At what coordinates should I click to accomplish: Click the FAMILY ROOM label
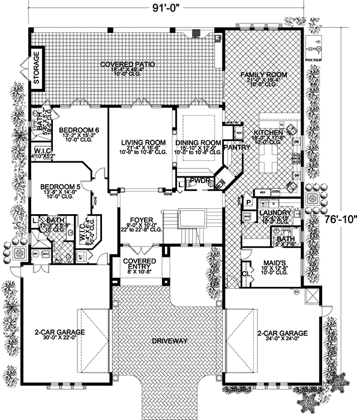pos(264,75)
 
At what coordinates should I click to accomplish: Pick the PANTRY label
pos(232,146)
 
